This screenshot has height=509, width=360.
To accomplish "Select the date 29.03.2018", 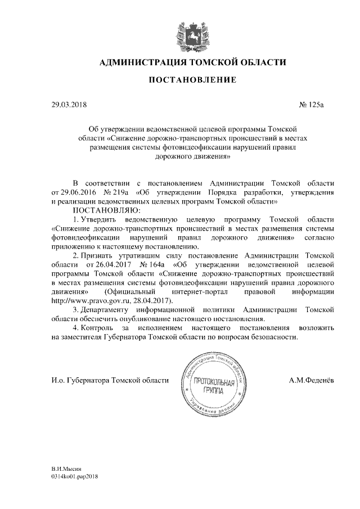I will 69,104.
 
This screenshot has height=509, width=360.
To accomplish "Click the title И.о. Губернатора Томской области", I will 110,381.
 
